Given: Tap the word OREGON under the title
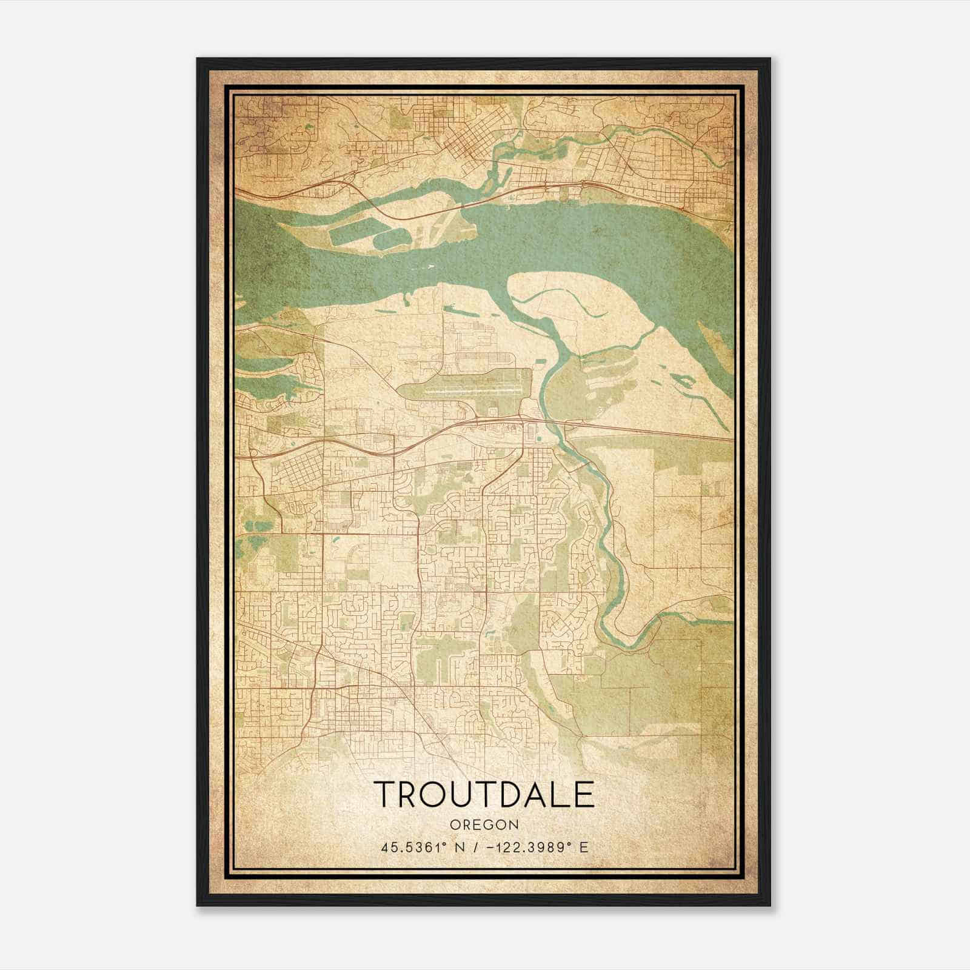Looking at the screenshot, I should (x=484, y=824).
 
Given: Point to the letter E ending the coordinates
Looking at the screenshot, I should (x=584, y=847).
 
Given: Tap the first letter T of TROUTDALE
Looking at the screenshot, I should (x=386, y=794).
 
